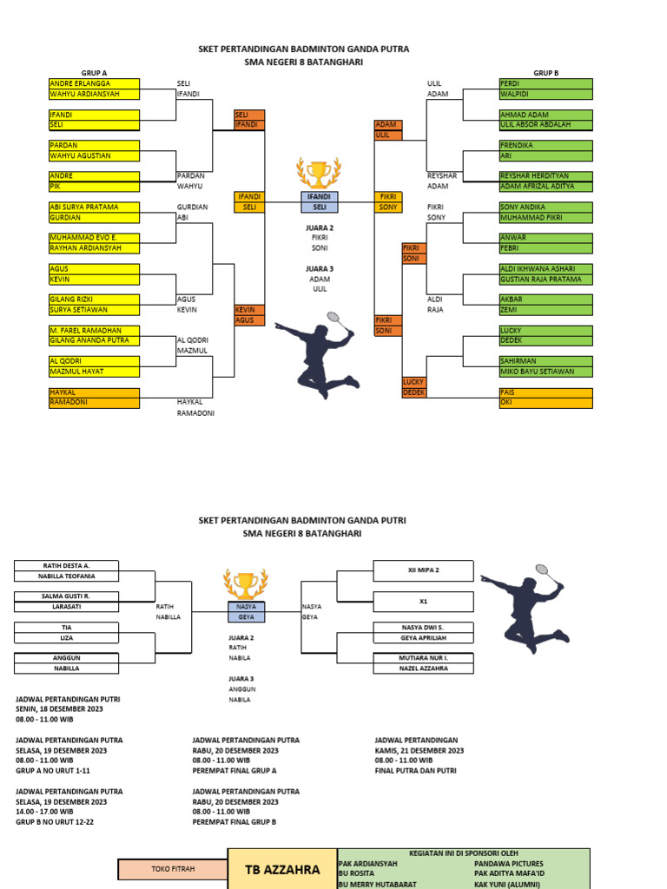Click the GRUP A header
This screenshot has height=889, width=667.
94,73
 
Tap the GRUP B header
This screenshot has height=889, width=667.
545,73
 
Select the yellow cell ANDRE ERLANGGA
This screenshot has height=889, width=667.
94,83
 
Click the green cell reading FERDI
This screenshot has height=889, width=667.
545,83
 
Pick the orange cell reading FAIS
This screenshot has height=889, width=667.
545,392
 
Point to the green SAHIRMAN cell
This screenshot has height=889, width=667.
545,361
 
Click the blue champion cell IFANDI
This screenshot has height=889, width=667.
320,197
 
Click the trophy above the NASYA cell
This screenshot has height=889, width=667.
241,583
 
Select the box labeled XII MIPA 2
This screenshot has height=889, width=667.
423,570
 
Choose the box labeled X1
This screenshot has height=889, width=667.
423,602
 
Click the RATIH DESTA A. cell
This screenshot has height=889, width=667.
67,565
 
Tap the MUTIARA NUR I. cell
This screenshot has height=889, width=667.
423,659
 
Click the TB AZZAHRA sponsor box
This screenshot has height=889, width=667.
281,869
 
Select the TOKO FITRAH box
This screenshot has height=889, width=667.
173,868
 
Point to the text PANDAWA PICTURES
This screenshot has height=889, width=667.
509,864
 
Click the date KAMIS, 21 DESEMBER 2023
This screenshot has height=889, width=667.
419,750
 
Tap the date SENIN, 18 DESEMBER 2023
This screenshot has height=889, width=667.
59,708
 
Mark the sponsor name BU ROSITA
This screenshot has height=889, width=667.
357,874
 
